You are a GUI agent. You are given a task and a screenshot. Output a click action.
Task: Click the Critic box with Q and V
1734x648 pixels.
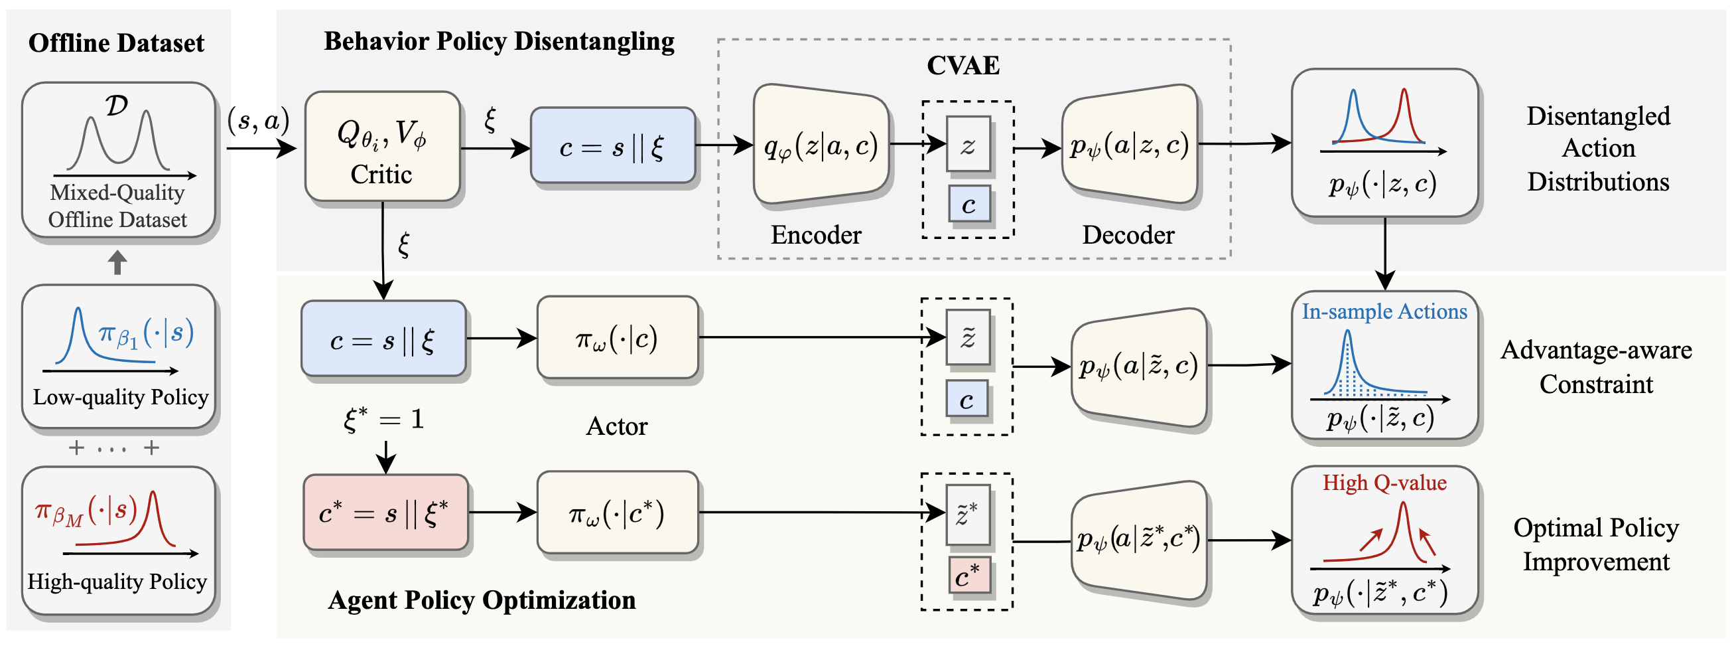coord(382,146)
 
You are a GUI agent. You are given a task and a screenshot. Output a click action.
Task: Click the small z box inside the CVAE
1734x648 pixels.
coord(968,144)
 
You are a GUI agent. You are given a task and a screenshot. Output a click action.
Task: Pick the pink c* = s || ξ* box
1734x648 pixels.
coord(385,513)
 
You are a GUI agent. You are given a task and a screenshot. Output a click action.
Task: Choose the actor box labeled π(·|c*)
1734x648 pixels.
coord(618,513)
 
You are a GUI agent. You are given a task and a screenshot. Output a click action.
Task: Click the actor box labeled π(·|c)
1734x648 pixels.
coord(618,337)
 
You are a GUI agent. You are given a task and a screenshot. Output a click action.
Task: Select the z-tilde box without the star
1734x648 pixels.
coord(968,337)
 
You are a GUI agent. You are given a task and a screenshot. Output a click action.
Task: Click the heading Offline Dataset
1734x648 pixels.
coord(117,43)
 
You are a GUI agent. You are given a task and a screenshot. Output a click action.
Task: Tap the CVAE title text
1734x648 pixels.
coord(963,65)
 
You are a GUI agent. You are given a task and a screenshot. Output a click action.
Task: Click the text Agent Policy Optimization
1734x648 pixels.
coord(482,600)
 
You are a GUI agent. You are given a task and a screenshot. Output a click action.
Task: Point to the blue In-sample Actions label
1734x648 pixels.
coord(1384,311)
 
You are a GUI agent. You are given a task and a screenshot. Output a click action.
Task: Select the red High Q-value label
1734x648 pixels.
coord(1384,482)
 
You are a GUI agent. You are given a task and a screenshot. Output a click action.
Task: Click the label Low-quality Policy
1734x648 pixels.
coord(121,397)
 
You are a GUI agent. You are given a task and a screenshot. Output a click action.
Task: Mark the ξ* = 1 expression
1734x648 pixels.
coord(383,420)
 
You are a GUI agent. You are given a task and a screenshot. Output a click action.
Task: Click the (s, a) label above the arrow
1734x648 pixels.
coord(259,121)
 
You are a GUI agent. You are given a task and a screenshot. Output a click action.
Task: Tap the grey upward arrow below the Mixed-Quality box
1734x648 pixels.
coord(118,262)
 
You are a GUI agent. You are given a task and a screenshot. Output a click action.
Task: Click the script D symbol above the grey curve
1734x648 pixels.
coord(117,106)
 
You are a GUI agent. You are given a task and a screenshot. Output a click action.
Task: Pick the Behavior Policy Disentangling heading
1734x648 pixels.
coord(500,41)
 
